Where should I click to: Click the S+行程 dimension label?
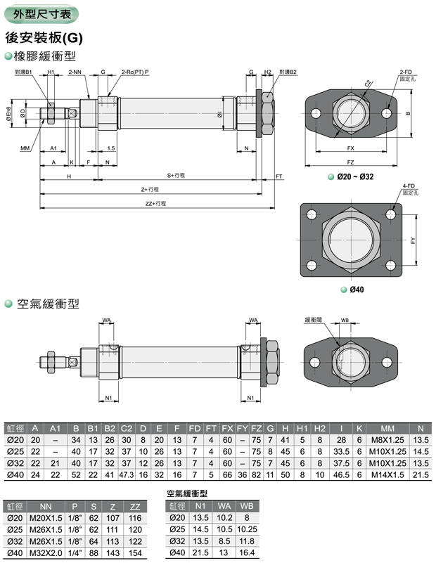175,175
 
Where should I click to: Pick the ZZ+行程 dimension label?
155,203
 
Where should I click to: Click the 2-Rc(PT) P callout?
135,72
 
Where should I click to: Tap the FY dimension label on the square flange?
413,239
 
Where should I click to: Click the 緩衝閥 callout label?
314,320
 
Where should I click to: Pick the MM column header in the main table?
387,427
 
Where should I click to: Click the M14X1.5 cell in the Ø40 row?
387,475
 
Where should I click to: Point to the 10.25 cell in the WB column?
246,529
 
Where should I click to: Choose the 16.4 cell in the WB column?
246,553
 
